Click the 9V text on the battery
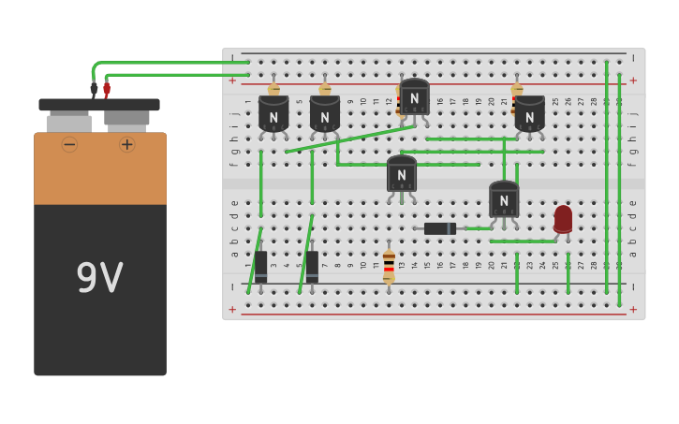coord(99,278)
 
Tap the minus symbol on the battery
coord(69,144)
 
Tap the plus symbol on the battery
coord(127,144)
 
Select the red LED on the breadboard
coord(563,219)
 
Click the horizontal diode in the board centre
coord(439,228)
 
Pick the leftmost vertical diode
coord(260,266)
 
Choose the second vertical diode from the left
coord(312,266)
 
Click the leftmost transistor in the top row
coord(273,115)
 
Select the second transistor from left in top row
coord(324,115)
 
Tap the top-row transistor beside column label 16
coord(414,97)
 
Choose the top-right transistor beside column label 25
coord(529,115)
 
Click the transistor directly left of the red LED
coord(504,199)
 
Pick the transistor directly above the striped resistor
coord(401,174)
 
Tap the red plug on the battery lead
coord(107,89)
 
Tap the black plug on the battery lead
coord(94,89)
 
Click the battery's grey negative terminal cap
coord(69,123)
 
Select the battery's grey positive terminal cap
coord(126,120)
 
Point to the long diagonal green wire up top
coord(350,139)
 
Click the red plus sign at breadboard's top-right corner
coord(633,80)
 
